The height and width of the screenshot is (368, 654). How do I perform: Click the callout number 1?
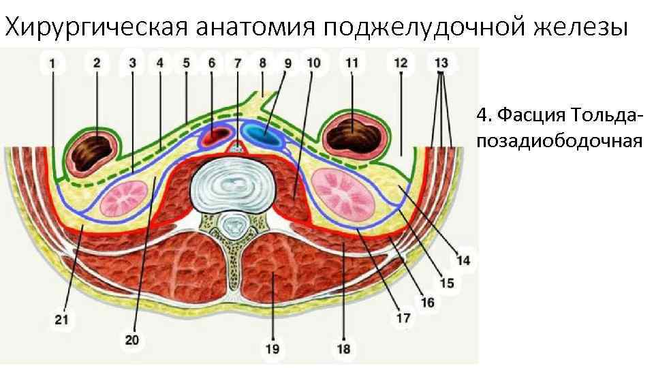pyautogui.click(x=52, y=63)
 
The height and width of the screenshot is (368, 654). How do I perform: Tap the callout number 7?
pyautogui.click(x=238, y=63)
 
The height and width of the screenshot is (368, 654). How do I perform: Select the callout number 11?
pyautogui.click(x=352, y=63)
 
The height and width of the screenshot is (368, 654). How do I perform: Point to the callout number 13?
pyautogui.click(x=441, y=63)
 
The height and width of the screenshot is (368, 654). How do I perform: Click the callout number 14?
pyautogui.click(x=463, y=260)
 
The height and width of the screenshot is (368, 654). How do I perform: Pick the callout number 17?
pyautogui.click(x=403, y=318)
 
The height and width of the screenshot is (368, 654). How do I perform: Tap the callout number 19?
pyautogui.click(x=272, y=350)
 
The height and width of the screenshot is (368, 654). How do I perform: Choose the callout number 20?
pyautogui.click(x=132, y=339)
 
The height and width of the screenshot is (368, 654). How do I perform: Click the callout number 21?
pyautogui.click(x=62, y=318)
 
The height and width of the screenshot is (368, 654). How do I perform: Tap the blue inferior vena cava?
pyautogui.click(x=264, y=137)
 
